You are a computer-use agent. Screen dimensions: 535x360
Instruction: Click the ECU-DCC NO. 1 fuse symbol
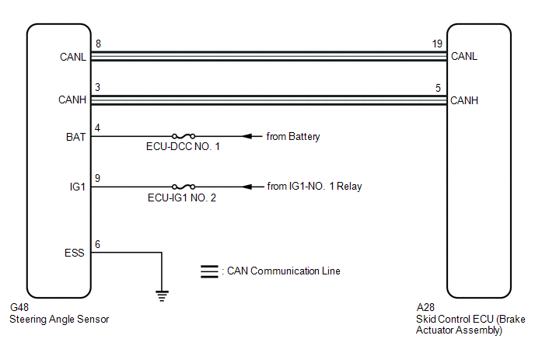[x=184, y=136]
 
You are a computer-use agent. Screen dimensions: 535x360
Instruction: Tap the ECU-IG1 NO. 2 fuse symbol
[x=184, y=187]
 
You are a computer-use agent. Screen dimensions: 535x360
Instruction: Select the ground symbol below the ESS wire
[x=162, y=295]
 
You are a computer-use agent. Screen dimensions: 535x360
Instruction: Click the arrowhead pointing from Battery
[x=247, y=136]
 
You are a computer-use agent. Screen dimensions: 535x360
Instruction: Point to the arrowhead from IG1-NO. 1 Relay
[x=247, y=187]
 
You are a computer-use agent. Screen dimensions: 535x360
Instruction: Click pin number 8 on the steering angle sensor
[x=98, y=44]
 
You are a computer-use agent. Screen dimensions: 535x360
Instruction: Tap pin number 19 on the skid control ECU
[x=437, y=44]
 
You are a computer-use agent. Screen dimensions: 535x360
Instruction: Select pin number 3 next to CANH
[x=97, y=87]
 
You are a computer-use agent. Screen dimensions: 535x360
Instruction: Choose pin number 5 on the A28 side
[x=438, y=88]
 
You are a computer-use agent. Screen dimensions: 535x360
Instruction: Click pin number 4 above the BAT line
[x=97, y=128]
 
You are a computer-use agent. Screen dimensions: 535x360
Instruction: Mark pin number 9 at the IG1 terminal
[x=97, y=178]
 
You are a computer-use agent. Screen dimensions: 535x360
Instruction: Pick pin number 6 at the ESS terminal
[x=97, y=244]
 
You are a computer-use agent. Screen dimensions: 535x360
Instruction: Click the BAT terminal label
[x=75, y=137]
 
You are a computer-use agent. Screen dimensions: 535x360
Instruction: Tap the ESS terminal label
[x=75, y=253]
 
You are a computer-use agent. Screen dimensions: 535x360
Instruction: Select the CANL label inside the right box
[x=464, y=56]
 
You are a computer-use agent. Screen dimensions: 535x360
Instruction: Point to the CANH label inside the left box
[x=72, y=100]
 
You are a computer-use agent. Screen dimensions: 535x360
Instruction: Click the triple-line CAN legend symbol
[x=209, y=271]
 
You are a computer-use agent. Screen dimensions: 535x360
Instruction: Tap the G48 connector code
[x=19, y=307]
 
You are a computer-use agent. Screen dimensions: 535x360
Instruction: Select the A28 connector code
[x=425, y=307]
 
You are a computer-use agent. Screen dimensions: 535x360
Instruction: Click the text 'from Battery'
[x=293, y=137]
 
